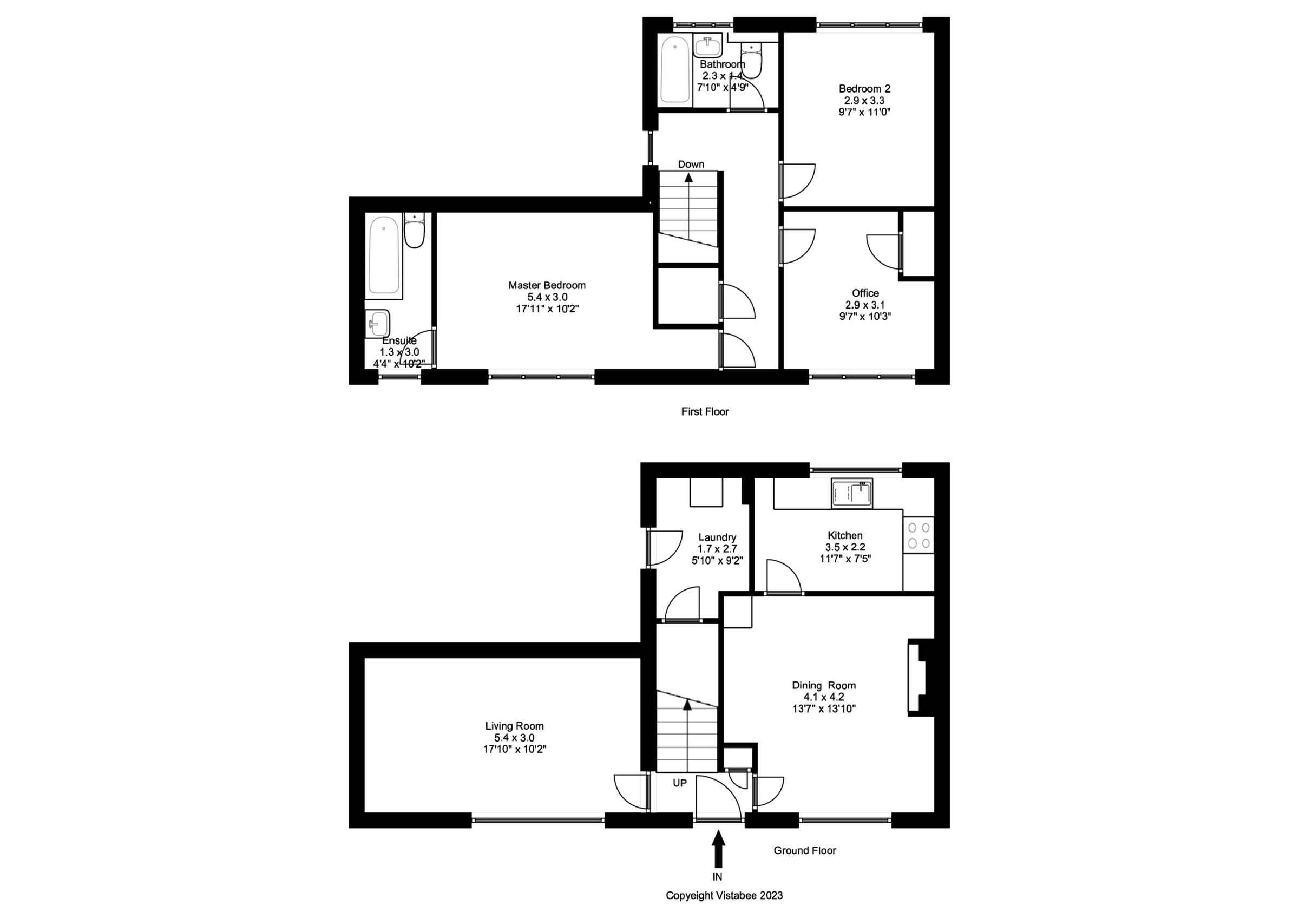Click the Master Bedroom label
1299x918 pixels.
pyautogui.click(x=547, y=285)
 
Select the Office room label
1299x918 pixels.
pyautogui.click(x=865, y=293)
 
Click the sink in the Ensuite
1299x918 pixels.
pyautogui.click(x=377, y=324)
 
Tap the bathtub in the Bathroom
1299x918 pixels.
pyautogui.click(x=675, y=70)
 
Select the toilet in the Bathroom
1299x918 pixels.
pyautogui.click(x=752, y=61)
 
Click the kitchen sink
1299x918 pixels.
pyautogui.click(x=851, y=493)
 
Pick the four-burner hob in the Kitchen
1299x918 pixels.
pyautogui.click(x=919, y=535)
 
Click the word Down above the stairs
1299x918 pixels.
pyautogui.click(x=691, y=164)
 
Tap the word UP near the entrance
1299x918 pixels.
pyautogui.click(x=679, y=783)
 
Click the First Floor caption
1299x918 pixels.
pyautogui.click(x=704, y=412)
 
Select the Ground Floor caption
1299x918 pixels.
pyautogui.click(x=804, y=850)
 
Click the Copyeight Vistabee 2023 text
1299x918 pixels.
pyautogui.click(x=724, y=895)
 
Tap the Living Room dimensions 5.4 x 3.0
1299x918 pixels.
pyautogui.click(x=514, y=738)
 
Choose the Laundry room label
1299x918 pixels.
pyautogui.click(x=717, y=537)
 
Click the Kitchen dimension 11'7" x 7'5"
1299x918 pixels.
pyautogui.click(x=845, y=559)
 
